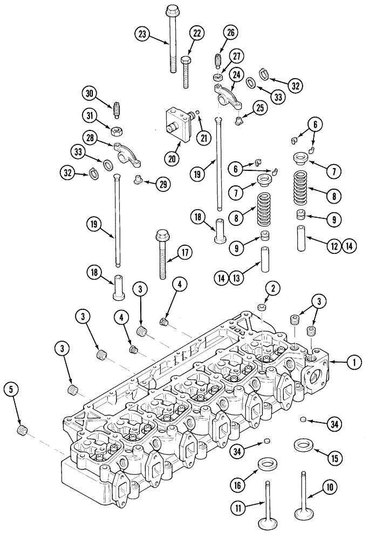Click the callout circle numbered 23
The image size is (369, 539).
click(142, 34)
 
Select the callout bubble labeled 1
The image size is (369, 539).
click(354, 363)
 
